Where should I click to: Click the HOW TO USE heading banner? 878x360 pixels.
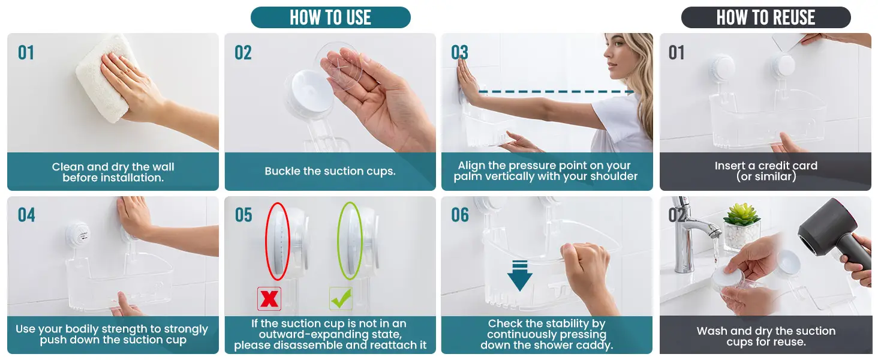click(330, 17)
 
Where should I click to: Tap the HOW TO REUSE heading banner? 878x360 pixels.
click(765, 17)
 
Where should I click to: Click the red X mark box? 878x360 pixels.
click(269, 299)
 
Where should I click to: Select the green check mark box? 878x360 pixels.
click(341, 299)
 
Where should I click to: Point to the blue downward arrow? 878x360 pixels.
click(520, 275)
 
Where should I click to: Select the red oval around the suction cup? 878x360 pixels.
click(278, 241)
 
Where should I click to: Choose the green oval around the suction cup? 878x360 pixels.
click(350, 241)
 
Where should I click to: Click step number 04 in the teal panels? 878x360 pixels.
click(26, 215)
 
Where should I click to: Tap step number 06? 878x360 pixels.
click(460, 215)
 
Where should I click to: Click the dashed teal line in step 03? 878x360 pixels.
click(556, 92)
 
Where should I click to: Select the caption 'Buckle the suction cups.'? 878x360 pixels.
click(330, 172)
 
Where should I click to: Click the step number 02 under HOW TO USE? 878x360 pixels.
click(243, 53)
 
